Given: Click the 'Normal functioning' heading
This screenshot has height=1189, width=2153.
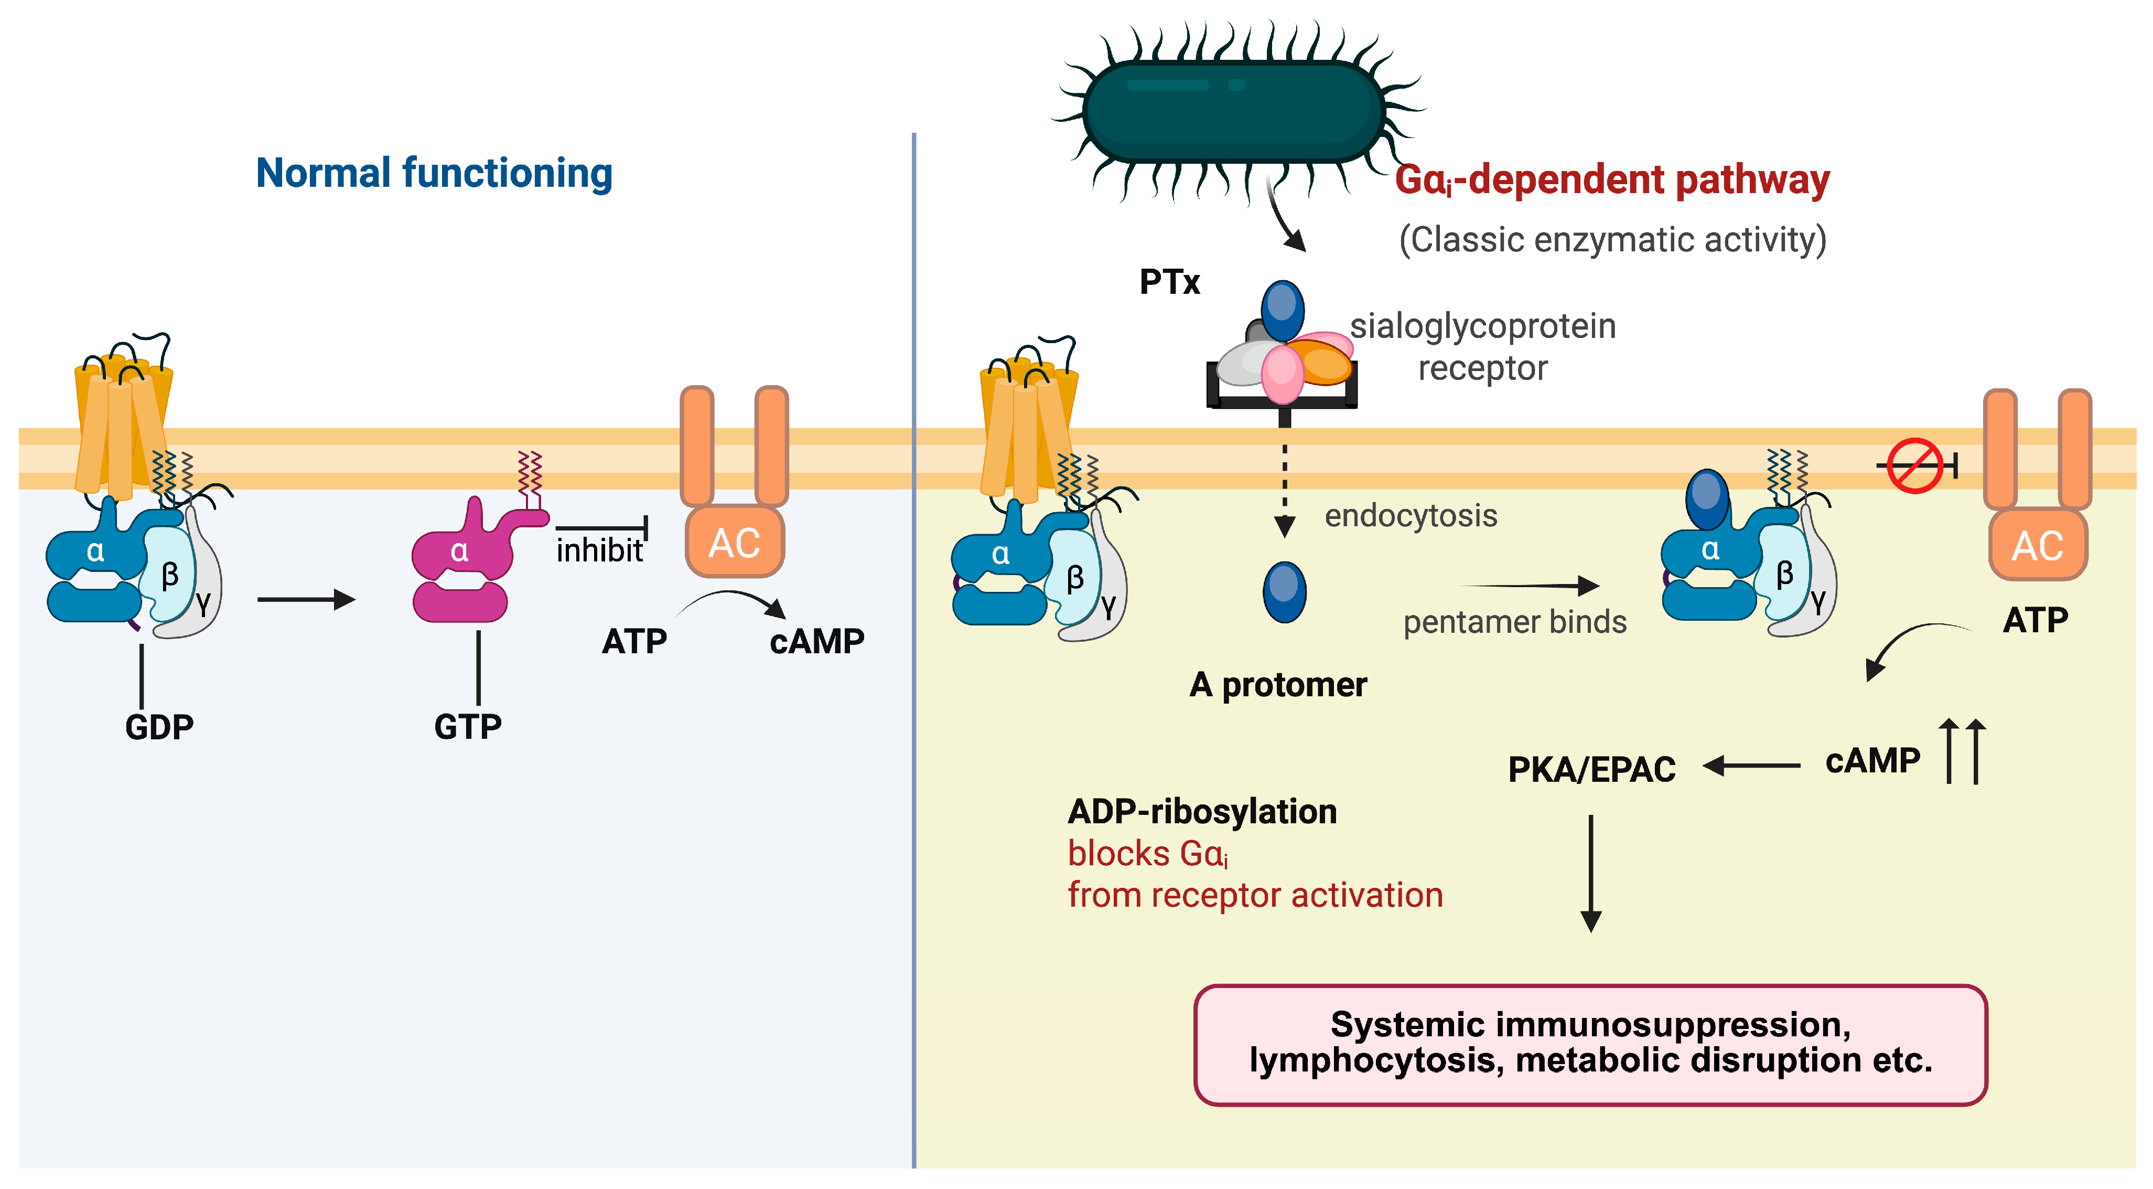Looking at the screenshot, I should point(434,173).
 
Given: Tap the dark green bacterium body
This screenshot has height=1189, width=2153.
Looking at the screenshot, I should point(1234,111).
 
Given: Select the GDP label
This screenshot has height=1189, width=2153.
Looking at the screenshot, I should point(159,727).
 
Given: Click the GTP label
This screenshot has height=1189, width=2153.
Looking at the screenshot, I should point(468,727).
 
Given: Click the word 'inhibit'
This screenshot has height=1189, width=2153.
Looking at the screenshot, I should point(599,550).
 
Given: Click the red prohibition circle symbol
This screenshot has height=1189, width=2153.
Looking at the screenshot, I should point(1915,466).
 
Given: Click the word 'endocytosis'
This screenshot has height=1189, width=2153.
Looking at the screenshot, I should point(1411,515).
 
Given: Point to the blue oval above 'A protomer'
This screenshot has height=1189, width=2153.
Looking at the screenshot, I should point(1284,592).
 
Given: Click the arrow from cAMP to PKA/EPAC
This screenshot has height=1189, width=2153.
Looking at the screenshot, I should point(1751,765).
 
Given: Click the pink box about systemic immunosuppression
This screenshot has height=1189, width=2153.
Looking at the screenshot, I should point(1590,1044).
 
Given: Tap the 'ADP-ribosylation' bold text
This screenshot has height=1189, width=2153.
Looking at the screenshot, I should point(1202,811).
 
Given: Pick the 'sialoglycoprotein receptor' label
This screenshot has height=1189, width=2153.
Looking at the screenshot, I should point(1483,346).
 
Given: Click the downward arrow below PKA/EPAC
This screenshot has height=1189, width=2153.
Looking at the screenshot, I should point(1590,873).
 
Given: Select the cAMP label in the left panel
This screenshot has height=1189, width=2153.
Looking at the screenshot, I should point(816,641).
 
